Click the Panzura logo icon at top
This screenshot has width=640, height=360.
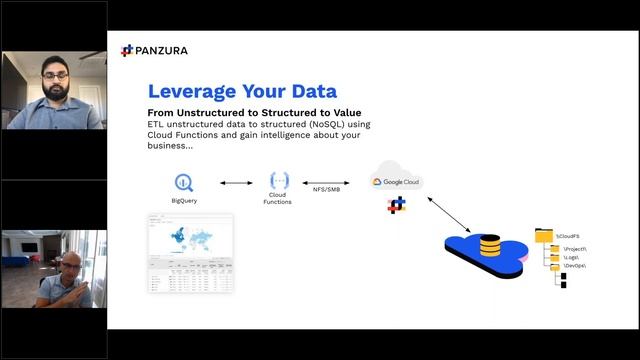click(x=126, y=50)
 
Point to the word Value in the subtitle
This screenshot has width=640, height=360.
click(x=340, y=112)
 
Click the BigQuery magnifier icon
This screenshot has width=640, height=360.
click(x=184, y=183)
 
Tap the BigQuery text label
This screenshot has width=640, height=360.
click(x=185, y=201)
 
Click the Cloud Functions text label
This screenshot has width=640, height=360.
click(x=278, y=198)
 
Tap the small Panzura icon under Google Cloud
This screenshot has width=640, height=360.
click(x=397, y=206)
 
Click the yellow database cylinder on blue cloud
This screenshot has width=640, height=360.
click(x=490, y=245)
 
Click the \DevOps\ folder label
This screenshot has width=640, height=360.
click(x=575, y=267)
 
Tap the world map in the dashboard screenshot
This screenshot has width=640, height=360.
click(x=190, y=240)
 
